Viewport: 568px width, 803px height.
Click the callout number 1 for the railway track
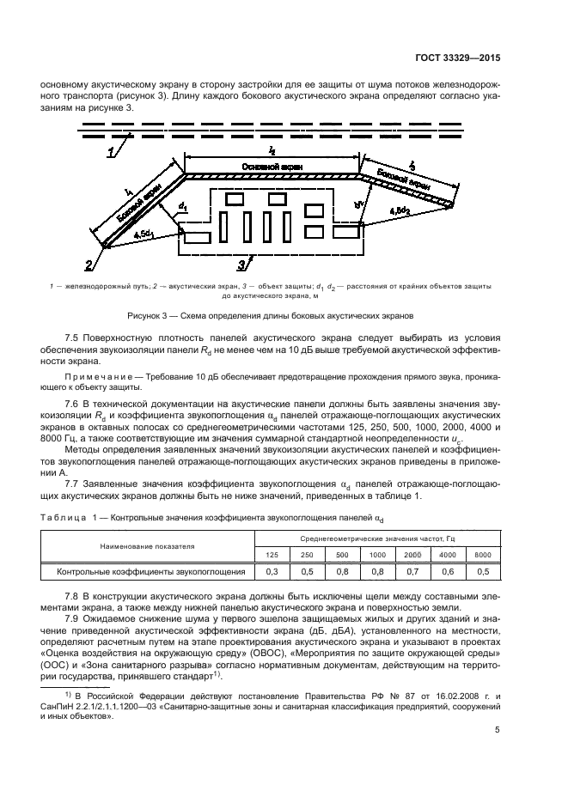(x=111, y=153)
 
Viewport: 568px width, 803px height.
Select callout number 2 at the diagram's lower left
(x=89, y=264)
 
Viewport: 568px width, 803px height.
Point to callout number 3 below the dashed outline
(x=243, y=263)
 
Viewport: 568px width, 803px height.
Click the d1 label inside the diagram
(x=181, y=206)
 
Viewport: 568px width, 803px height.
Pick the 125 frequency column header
(x=272, y=554)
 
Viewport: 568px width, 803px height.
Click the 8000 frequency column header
(x=483, y=554)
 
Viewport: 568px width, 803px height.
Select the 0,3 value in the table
(x=272, y=571)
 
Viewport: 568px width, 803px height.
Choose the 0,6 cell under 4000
(x=448, y=571)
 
